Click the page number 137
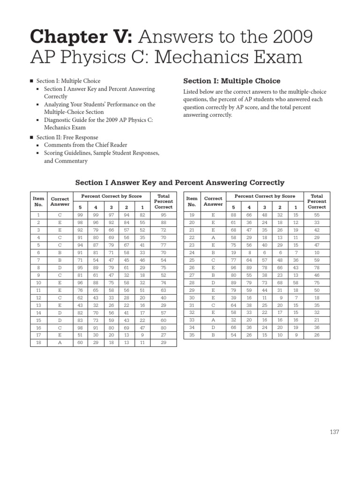334,432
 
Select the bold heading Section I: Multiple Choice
232,81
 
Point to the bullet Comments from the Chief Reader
85,145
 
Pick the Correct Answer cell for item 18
60,343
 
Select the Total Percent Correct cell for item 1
163,215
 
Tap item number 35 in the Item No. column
191,335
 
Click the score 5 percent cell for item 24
233,253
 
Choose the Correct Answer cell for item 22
213,238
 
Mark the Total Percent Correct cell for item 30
316,298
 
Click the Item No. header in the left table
38,202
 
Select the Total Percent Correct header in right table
316,202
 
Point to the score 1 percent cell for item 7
142,260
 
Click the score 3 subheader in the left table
111,207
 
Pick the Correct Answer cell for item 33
213,320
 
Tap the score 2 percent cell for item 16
127,328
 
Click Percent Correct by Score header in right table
265,196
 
